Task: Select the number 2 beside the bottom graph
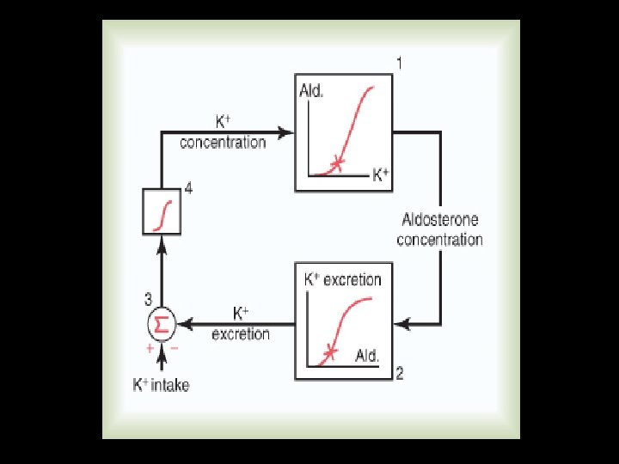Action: click(400, 374)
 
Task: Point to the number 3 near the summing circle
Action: click(149, 299)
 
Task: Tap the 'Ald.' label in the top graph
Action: click(311, 92)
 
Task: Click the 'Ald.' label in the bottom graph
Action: click(367, 355)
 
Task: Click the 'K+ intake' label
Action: click(161, 386)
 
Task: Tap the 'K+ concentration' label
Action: click(223, 133)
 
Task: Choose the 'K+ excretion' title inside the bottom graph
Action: click(343, 279)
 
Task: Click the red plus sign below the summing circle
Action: click(150, 349)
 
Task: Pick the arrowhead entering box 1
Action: click(288, 133)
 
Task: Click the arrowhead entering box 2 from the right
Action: click(401, 324)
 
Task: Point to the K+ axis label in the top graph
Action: click(380, 176)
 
